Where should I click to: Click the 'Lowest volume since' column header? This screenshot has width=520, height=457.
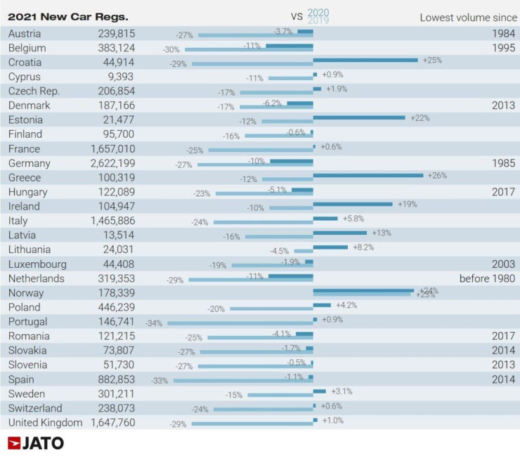click(467, 17)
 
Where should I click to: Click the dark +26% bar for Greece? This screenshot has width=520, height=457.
click(368, 175)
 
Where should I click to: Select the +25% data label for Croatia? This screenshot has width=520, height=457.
click(432, 60)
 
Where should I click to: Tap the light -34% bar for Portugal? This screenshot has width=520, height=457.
click(240, 323)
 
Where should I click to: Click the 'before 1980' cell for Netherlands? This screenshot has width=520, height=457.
click(487, 278)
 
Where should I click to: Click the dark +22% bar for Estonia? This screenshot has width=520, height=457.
click(359, 117)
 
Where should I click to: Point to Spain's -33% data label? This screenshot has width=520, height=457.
click(161, 381)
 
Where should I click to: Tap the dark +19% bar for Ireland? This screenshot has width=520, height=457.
click(353, 204)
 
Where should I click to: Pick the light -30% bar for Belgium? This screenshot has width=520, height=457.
click(249, 50)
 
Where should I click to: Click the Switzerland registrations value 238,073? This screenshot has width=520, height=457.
click(115, 408)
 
